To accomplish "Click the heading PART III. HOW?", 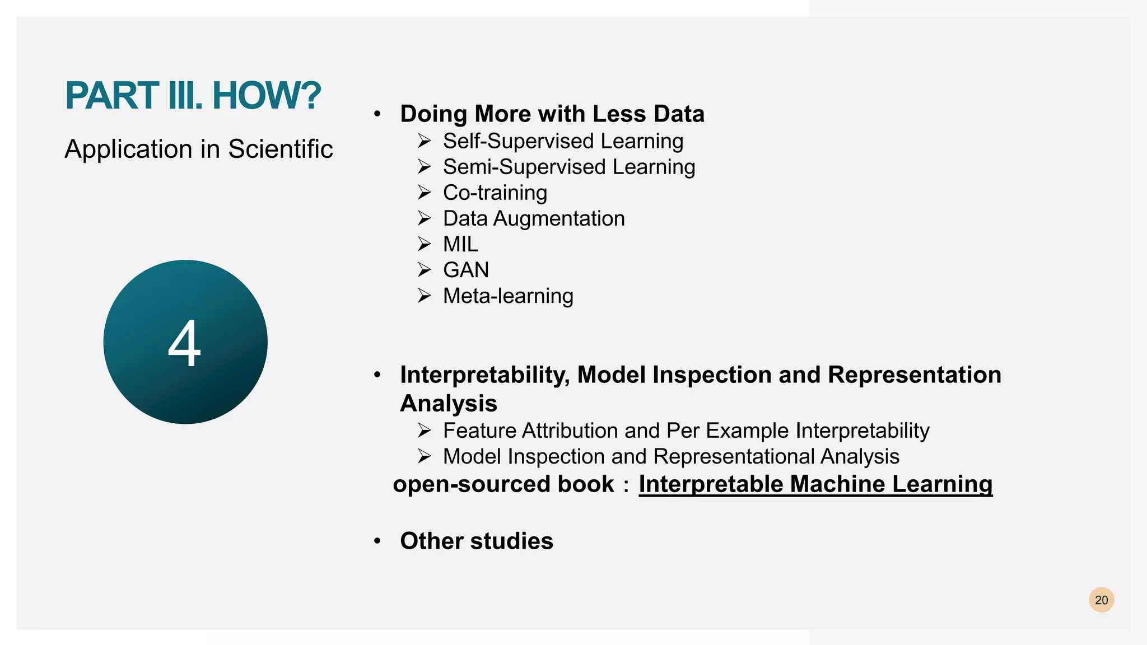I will [x=193, y=96].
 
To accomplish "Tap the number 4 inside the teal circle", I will [x=184, y=344].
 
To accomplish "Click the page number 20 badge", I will [x=1101, y=600].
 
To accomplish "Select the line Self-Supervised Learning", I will [x=563, y=141].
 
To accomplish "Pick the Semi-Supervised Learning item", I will [x=569, y=167].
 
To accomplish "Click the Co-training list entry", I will [x=495, y=193].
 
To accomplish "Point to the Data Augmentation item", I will [x=534, y=218].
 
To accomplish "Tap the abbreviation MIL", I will [x=460, y=244].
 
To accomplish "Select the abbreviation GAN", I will [x=466, y=270].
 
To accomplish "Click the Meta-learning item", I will [x=508, y=296].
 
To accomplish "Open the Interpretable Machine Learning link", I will [x=815, y=484].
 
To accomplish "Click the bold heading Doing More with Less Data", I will [x=552, y=114].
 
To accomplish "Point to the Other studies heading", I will [x=477, y=541].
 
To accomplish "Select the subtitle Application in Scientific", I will [x=199, y=149].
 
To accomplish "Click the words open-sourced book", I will [x=503, y=484].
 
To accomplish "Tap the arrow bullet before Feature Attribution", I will [x=424, y=430].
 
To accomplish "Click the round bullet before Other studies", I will [x=377, y=541].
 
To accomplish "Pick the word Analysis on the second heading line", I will [x=449, y=403].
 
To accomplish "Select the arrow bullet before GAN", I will [x=424, y=270].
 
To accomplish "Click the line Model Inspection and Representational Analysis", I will [x=671, y=456].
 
